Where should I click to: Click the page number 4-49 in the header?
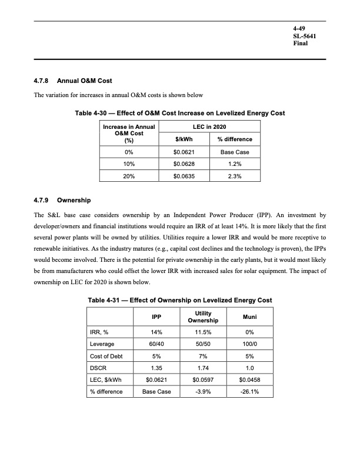(300, 28)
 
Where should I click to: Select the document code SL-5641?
(306, 36)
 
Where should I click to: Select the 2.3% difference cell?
(235, 175)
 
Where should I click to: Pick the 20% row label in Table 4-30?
(129, 175)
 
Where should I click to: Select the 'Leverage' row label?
(102, 345)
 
